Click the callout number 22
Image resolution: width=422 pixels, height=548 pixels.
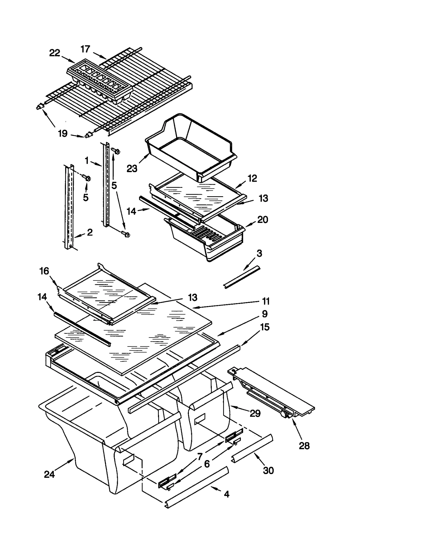[55, 53]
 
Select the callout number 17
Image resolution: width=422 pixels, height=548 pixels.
[85, 49]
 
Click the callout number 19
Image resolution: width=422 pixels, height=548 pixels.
[63, 134]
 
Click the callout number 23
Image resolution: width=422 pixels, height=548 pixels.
[132, 168]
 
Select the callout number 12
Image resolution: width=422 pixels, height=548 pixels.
[252, 178]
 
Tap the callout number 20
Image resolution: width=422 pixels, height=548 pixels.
[262, 219]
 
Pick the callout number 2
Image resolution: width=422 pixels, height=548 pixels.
[90, 232]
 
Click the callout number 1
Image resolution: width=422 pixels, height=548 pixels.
[87, 160]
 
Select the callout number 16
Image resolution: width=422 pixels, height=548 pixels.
[44, 271]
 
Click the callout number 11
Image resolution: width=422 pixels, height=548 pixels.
[266, 301]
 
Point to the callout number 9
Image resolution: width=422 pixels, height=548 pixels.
[265, 314]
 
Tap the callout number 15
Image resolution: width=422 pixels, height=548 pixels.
[265, 327]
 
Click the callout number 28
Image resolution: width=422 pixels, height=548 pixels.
[304, 446]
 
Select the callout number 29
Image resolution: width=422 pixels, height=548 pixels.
[255, 413]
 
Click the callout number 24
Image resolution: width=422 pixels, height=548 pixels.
[49, 475]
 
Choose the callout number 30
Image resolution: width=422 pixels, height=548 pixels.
[268, 470]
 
